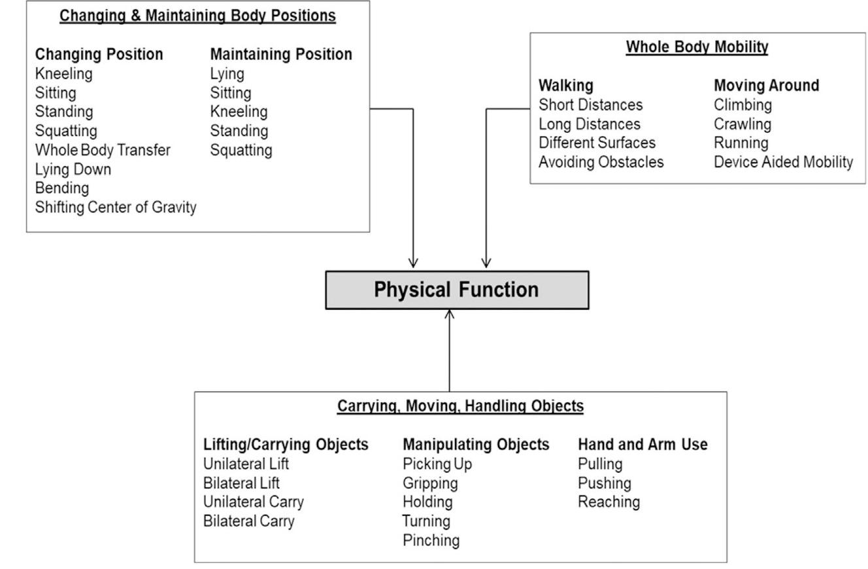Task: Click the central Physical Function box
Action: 456,290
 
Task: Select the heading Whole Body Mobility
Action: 697,47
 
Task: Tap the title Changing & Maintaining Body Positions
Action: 197,16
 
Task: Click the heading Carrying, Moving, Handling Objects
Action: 460,406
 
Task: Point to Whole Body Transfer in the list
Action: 103,150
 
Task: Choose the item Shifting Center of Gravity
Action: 116,207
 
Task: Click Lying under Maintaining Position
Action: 227,74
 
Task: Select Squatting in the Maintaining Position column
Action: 241,150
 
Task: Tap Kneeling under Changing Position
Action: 63,74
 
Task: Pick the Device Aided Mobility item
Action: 783,162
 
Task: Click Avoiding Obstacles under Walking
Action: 601,162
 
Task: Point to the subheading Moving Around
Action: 766,86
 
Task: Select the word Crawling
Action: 742,124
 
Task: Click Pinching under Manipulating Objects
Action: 431,540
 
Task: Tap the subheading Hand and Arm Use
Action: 643,445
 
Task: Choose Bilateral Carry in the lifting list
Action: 248,521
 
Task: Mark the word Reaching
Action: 609,502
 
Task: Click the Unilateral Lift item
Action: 246,464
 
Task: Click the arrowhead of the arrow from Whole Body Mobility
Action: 486,263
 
